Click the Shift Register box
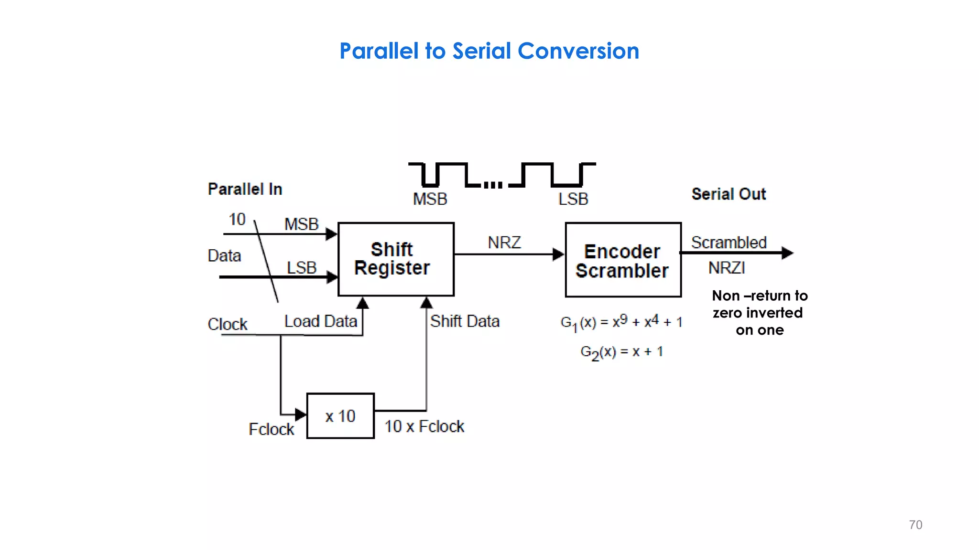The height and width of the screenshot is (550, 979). tap(396, 259)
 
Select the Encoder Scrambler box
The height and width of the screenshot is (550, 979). tap(623, 260)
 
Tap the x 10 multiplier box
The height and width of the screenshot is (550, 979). tap(340, 416)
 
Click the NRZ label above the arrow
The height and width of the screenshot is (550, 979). tap(504, 243)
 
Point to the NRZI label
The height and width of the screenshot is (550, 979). tap(726, 268)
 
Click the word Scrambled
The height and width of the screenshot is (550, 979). tap(729, 243)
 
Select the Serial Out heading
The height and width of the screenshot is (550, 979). tap(729, 194)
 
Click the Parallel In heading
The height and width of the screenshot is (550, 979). tap(245, 189)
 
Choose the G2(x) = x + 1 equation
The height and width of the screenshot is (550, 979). tap(621, 352)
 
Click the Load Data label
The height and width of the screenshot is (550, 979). tap(320, 321)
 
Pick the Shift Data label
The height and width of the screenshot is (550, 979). tap(465, 321)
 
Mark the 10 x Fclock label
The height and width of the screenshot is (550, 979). tap(424, 426)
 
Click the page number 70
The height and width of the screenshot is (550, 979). tap(915, 525)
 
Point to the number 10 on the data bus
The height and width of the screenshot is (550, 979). tap(237, 219)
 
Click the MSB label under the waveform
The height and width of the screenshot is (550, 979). tap(430, 199)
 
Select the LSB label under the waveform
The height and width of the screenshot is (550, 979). tap(573, 199)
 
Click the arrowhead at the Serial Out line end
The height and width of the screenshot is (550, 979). tap(787, 253)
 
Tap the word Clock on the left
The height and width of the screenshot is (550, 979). tap(227, 324)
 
